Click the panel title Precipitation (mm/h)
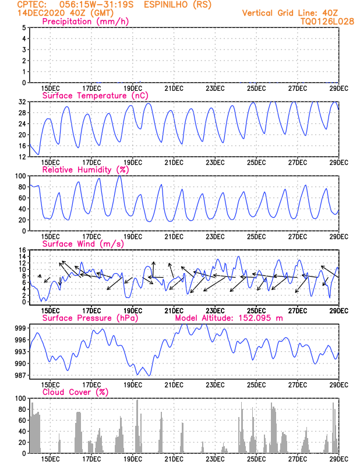86,22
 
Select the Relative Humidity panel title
85,170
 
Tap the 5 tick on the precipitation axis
23,27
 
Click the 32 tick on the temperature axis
22,102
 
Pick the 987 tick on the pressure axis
20,375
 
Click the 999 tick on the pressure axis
20,329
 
